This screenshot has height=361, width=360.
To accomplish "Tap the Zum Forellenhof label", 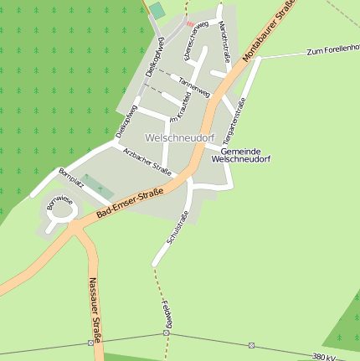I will point(332,51).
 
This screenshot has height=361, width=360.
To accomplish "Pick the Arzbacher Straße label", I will point(147,160).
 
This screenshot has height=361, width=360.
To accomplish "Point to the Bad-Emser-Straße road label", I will point(129,204).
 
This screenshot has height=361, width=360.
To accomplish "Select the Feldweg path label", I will point(168,314).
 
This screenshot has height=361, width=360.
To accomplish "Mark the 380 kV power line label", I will point(326,356).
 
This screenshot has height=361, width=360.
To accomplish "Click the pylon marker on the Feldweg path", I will point(166,333).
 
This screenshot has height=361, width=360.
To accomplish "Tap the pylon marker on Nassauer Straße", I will point(90,343).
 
